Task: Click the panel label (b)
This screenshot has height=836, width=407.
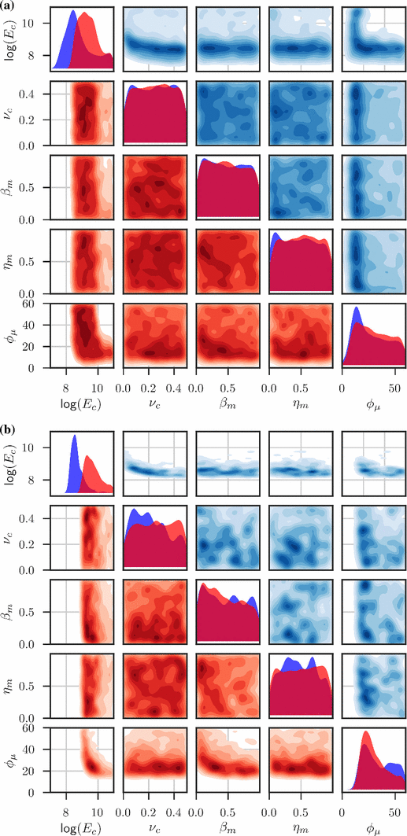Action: coord(9,430)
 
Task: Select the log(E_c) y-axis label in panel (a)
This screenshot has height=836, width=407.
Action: coord(12,39)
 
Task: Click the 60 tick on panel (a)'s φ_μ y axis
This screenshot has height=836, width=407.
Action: coord(36,304)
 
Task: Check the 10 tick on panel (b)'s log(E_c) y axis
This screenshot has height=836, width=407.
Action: coord(36,447)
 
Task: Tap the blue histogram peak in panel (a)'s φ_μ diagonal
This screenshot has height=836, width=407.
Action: coord(357,308)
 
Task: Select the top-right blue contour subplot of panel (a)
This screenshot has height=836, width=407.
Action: coord(374,40)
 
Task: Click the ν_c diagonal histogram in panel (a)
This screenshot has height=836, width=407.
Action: coord(154,114)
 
